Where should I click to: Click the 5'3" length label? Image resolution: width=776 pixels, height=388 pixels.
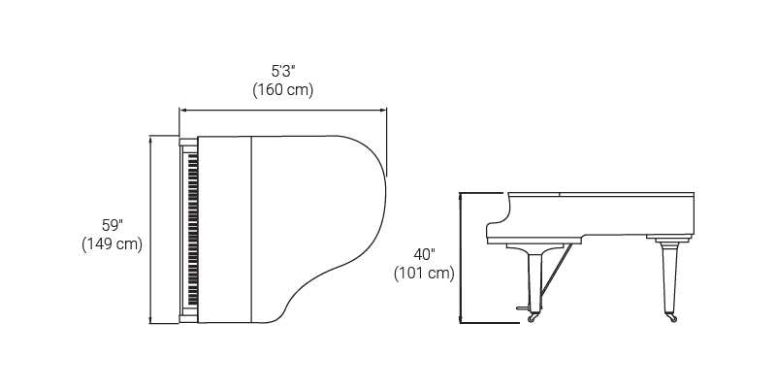point(283,71)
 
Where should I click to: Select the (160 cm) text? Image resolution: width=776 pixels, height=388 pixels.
point(283,90)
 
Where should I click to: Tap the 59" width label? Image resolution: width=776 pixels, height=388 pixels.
point(113,225)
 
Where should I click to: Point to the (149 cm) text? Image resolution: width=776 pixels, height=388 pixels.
point(113,244)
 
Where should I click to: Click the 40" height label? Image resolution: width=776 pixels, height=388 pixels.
point(424,254)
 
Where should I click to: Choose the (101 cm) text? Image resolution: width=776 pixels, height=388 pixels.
point(424,274)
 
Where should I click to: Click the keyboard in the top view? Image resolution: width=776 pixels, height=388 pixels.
point(192,230)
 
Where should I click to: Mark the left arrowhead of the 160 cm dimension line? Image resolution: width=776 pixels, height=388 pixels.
point(182,110)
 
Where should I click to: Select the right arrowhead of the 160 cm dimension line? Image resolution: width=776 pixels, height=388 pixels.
point(383,110)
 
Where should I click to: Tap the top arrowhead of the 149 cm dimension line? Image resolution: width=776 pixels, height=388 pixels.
point(150,139)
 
